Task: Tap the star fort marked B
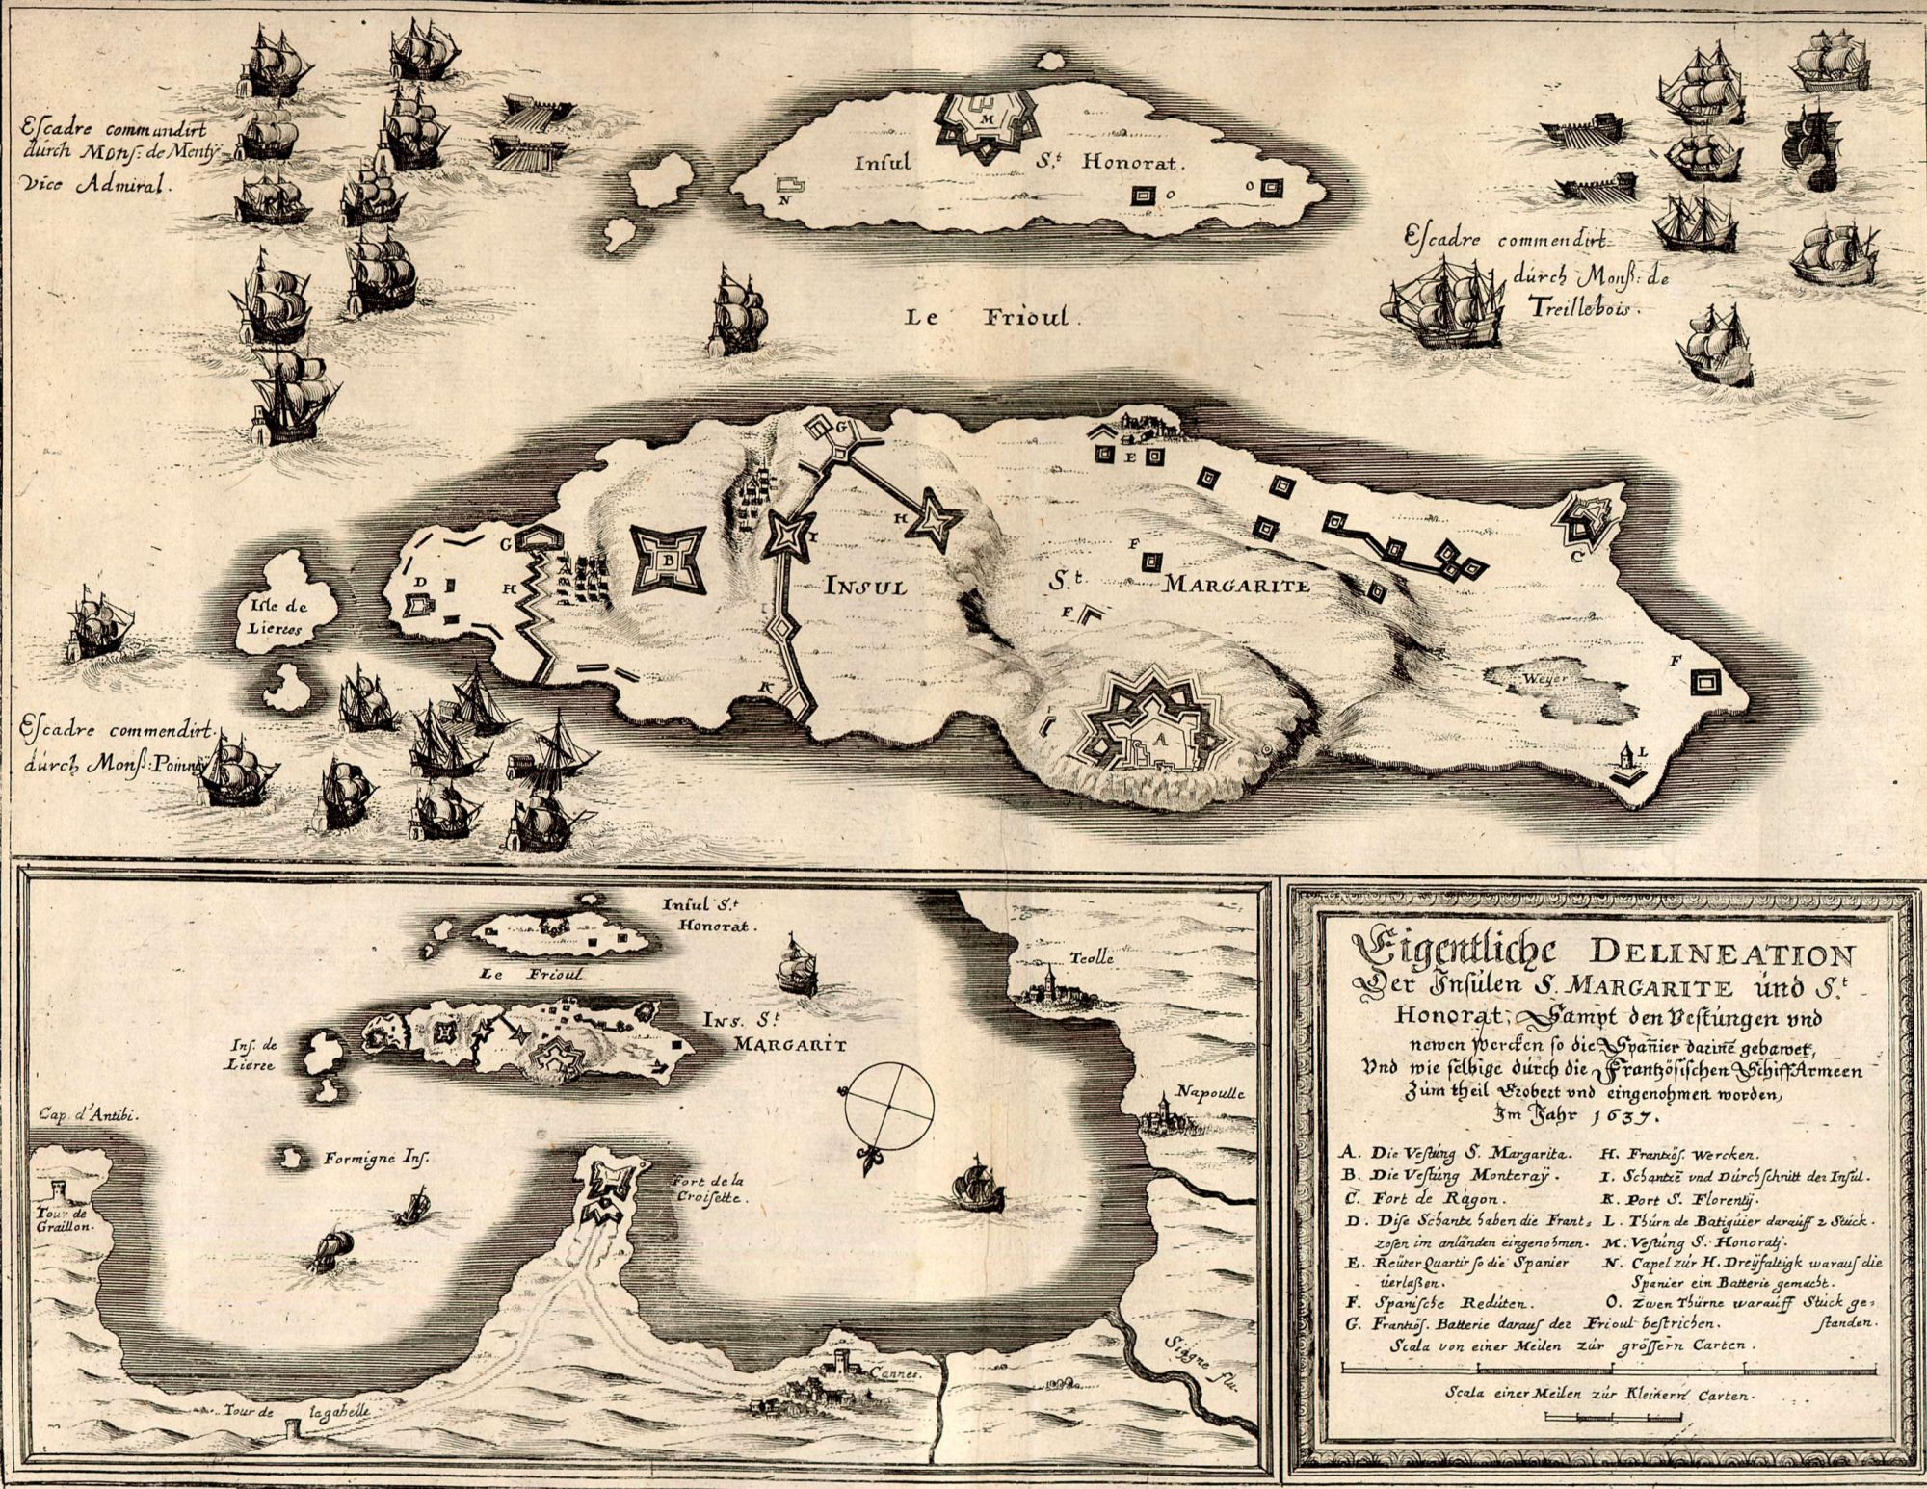pyautogui.click(x=669, y=560)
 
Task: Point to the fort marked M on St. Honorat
pyautogui.click(x=985, y=122)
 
